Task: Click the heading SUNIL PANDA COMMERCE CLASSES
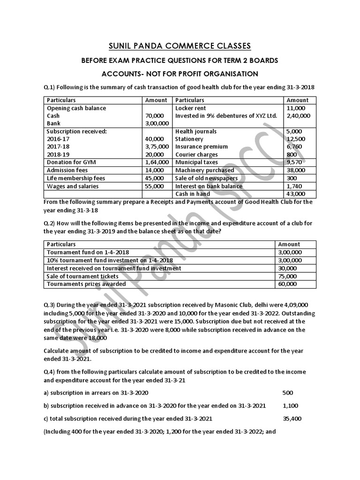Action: point(180,45)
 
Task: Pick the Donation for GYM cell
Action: point(69,163)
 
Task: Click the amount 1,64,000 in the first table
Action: point(154,163)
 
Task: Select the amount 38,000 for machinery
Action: point(294,170)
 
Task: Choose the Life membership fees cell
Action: point(76,178)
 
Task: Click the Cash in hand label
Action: point(193,194)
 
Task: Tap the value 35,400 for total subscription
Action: point(292,419)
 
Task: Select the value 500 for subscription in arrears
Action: point(288,392)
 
